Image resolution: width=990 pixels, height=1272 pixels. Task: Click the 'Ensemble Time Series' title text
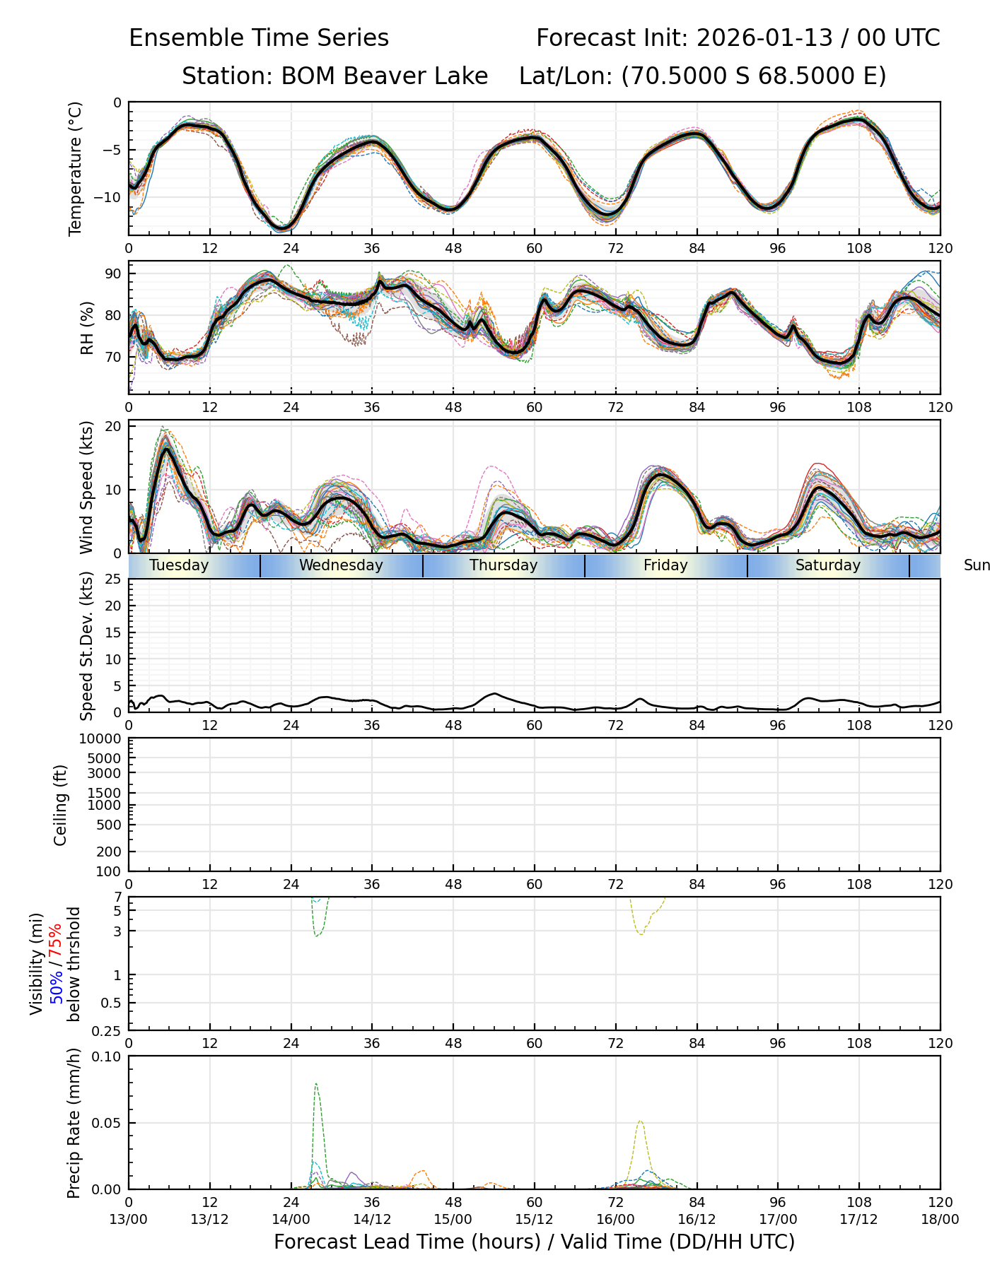tap(259, 38)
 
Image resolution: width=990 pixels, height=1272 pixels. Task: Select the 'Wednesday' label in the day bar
tap(341, 565)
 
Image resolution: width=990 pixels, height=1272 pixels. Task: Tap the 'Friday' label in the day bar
tap(665, 565)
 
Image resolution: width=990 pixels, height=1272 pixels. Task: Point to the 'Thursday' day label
tap(503, 565)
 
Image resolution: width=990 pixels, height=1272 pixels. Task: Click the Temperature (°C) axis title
tap(76, 168)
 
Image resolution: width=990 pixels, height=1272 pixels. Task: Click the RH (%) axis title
tap(87, 327)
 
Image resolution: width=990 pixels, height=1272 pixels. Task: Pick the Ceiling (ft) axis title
tap(61, 805)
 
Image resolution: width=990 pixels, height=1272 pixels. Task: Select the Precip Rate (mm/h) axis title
tap(74, 1122)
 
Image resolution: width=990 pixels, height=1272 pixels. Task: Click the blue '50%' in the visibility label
tap(55, 984)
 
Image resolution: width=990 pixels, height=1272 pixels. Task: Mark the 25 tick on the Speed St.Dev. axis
tap(112, 579)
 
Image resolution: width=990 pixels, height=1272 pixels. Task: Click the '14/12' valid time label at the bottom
tap(372, 1219)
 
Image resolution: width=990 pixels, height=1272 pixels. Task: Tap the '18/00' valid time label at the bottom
tap(940, 1219)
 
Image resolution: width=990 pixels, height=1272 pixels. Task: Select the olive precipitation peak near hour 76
tap(640, 1121)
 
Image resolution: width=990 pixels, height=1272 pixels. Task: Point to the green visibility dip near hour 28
tap(318, 936)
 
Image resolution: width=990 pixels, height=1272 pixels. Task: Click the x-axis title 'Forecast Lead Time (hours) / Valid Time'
tap(534, 1242)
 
